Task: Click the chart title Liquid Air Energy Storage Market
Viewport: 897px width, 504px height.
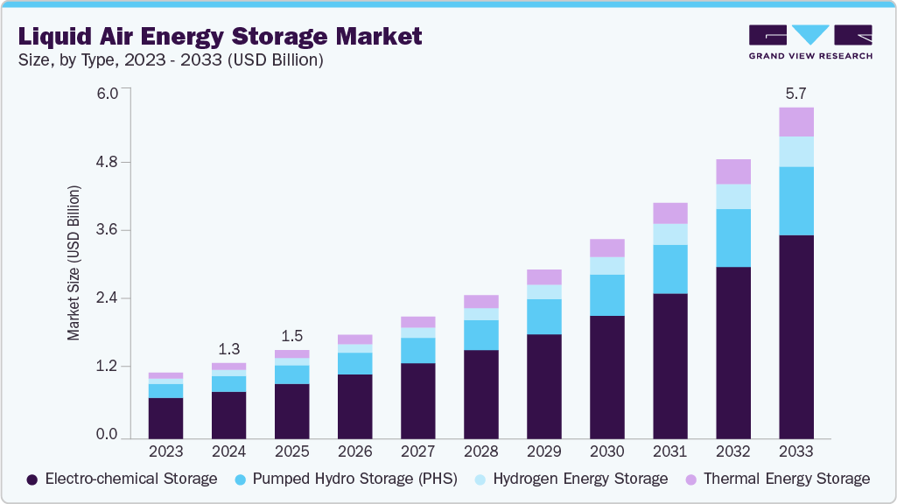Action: [x=219, y=36]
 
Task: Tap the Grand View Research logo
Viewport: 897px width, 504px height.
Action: [x=809, y=42]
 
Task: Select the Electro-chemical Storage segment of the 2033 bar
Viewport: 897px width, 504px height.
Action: [x=795, y=336]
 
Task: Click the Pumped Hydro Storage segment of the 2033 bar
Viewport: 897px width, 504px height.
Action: [x=795, y=200]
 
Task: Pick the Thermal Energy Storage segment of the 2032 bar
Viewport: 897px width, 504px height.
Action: [x=732, y=171]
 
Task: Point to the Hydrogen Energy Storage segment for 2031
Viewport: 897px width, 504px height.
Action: [x=669, y=234]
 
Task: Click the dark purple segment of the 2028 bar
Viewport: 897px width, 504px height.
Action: [x=480, y=394]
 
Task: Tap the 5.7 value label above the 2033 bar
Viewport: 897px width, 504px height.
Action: [x=795, y=93]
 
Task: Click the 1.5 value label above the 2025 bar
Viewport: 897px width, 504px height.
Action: [x=291, y=336]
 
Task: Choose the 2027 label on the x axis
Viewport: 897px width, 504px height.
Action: [x=417, y=451]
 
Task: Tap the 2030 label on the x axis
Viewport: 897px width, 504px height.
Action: [x=606, y=451]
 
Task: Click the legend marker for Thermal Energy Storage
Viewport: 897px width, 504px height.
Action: [x=691, y=479]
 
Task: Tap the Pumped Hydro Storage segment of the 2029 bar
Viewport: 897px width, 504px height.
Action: [x=543, y=317]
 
